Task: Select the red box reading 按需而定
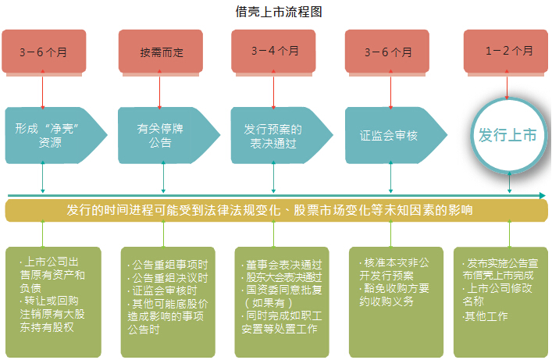[x=161, y=52]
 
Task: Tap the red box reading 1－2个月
[x=508, y=52]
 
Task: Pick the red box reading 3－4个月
[x=275, y=52]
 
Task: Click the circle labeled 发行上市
[x=508, y=135]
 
